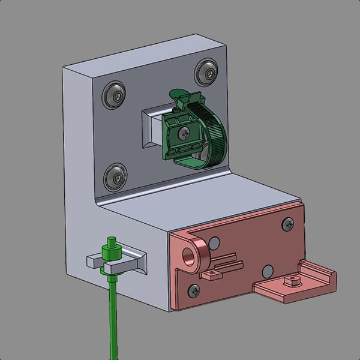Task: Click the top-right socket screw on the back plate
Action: [206, 73]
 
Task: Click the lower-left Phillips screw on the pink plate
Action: [193, 290]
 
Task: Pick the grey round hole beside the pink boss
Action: [215, 242]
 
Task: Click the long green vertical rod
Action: [112, 318]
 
